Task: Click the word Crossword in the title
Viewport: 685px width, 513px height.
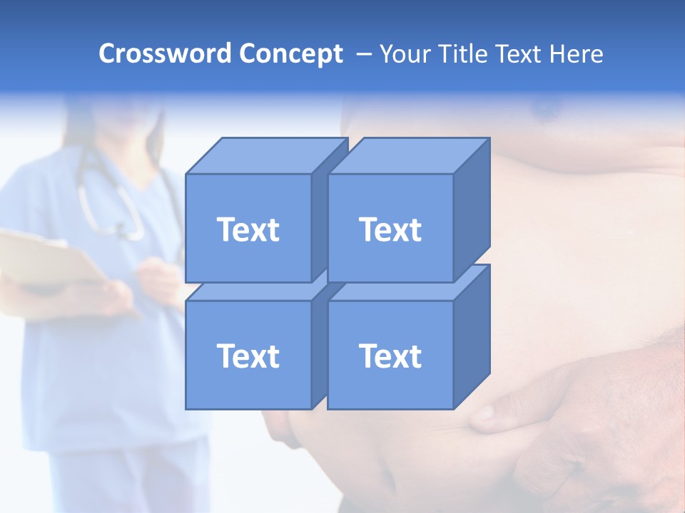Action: (x=166, y=54)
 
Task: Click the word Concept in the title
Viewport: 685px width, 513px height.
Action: (x=290, y=54)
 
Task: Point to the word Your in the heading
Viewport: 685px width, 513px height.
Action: (x=405, y=54)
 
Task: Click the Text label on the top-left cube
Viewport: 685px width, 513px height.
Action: (x=248, y=229)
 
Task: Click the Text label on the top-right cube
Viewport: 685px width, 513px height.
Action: (x=390, y=229)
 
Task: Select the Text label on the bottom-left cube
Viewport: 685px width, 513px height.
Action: (x=248, y=356)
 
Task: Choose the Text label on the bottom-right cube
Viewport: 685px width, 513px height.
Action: (x=390, y=356)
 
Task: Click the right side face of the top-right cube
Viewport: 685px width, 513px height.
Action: (x=472, y=210)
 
